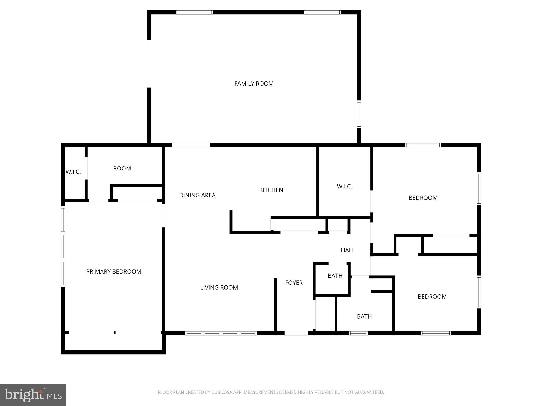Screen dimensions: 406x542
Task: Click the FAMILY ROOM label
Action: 254,84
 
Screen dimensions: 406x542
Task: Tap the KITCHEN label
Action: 271,190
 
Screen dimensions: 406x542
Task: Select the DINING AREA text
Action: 197,195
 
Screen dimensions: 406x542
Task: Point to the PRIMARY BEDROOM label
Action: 114,272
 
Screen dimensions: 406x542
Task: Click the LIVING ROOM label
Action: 219,288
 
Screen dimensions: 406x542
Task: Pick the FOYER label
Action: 294,283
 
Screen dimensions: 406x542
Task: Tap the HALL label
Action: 348,250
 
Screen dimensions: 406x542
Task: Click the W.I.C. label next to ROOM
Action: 73,172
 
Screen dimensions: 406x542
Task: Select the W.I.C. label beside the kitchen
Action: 344,187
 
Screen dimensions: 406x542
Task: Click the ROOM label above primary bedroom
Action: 122,169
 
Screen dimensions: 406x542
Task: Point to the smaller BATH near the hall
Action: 335,276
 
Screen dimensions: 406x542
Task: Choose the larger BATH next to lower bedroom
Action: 364,316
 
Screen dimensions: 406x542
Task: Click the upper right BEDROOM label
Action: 423,198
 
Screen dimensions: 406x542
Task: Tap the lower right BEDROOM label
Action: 432,297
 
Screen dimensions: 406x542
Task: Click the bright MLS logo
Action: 33,395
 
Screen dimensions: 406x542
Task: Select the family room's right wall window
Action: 359,114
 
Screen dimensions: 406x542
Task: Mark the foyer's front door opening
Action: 296,333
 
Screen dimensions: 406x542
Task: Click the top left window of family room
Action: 195,12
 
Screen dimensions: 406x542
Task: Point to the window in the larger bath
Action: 358,333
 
